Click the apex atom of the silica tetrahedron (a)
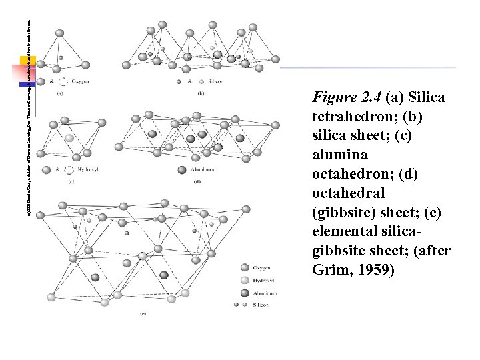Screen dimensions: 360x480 59,32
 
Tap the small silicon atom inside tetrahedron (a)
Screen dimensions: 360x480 61,58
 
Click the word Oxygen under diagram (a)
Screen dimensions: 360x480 81,82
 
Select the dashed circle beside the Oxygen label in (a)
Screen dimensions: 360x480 63,82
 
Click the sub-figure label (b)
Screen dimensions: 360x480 201,93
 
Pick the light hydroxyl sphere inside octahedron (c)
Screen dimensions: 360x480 70,138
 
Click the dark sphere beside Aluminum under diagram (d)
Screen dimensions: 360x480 182,170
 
